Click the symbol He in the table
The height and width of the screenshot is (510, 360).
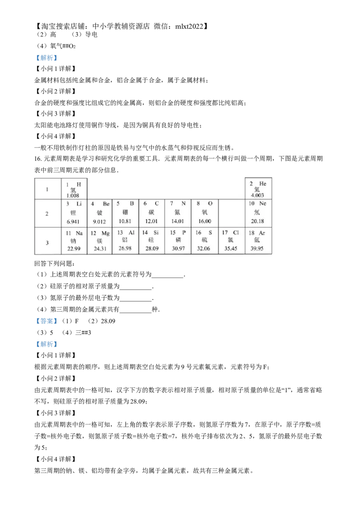click(x=263, y=184)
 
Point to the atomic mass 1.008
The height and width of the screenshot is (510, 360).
click(x=73, y=196)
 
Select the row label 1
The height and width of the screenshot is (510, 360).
click(x=47, y=189)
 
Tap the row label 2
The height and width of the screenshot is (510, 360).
click(x=47, y=214)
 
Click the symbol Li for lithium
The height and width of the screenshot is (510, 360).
click(x=79, y=204)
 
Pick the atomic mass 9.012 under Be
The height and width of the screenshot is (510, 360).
click(x=99, y=222)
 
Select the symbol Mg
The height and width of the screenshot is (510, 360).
click(x=105, y=233)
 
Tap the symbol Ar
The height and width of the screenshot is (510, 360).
click(x=262, y=233)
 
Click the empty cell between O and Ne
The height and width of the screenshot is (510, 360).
click(x=232, y=213)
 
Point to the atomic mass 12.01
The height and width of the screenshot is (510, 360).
click(x=152, y=221)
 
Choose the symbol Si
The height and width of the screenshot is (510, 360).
click(x=157, y=233)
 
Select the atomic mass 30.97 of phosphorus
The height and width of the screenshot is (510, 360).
click(x=178, y=248)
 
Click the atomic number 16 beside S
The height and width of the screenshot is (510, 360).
click(x=198, y=233)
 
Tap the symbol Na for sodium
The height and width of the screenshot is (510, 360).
click(x=79, y=233)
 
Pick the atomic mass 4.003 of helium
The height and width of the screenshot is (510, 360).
click(x=258, y=196)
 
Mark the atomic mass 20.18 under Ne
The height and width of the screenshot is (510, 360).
click(x=257, y=221)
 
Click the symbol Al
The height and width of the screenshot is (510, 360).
click(x=131, y=233)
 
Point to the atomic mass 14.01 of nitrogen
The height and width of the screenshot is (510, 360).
click(x=178, y=221)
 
